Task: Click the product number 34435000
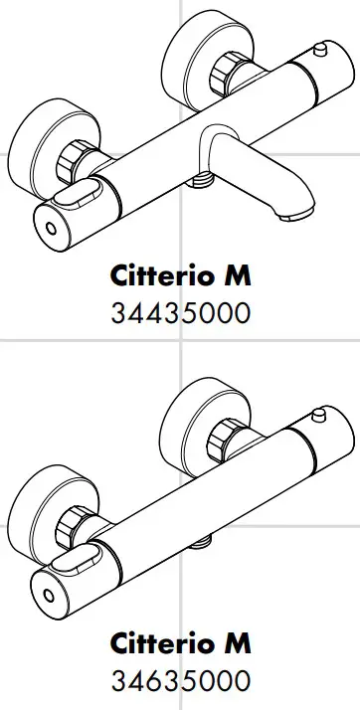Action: click(x=180, y=315)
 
